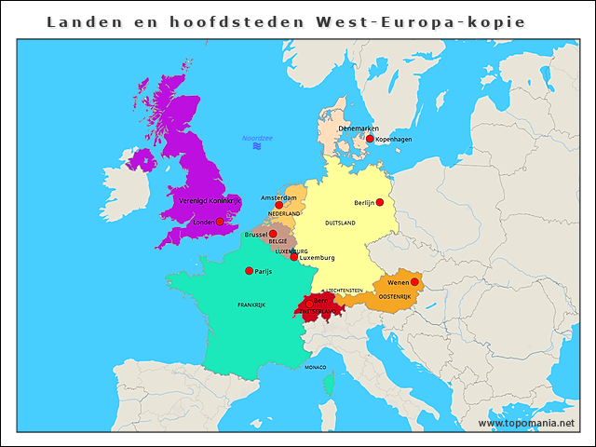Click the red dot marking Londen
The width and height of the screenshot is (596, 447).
219,222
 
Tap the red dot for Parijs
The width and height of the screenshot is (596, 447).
249,271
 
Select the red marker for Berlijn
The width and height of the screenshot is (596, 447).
379,202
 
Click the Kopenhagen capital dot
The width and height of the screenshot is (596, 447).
370,139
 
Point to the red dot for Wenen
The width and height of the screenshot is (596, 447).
415,282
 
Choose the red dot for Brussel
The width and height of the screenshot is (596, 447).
273,235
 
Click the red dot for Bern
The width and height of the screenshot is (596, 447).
309,303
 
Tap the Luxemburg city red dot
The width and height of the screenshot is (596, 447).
294,257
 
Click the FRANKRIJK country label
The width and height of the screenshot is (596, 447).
251,305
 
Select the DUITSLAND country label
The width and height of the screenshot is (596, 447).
340,223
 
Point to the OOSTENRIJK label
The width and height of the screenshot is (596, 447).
395,296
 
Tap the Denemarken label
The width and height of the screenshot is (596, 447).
359,129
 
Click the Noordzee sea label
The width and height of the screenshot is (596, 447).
257,138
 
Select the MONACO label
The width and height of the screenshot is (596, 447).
316,367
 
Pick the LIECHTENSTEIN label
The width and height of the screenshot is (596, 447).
344,291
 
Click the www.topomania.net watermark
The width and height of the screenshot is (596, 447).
526,423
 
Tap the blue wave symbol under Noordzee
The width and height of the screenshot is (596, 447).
257,147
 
